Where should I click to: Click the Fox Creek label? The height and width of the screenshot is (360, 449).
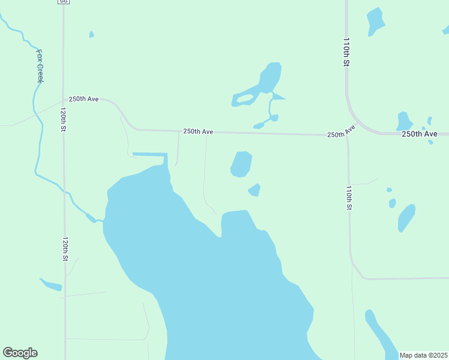41,66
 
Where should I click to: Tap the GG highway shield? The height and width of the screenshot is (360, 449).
64,2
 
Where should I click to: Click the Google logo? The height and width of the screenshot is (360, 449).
20,353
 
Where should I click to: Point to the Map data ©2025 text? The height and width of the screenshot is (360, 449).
423,355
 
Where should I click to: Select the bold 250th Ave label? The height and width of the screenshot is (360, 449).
419,134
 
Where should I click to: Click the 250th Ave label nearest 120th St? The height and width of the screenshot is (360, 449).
83,99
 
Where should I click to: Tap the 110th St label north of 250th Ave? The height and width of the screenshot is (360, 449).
346,52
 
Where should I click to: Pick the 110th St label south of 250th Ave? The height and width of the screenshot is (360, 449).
349,197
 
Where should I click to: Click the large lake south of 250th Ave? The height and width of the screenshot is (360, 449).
216,270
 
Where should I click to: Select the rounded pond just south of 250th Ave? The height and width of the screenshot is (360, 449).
241,164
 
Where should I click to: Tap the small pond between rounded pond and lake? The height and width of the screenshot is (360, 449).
255,190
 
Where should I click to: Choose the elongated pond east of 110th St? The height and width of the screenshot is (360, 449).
406,218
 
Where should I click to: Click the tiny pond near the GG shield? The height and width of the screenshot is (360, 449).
91,35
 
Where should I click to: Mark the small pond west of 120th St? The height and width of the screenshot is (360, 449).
52,285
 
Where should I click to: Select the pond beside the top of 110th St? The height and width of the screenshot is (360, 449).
375,21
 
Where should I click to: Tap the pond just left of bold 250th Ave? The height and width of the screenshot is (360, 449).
404,121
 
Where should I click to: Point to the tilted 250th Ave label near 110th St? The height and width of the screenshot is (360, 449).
342,131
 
